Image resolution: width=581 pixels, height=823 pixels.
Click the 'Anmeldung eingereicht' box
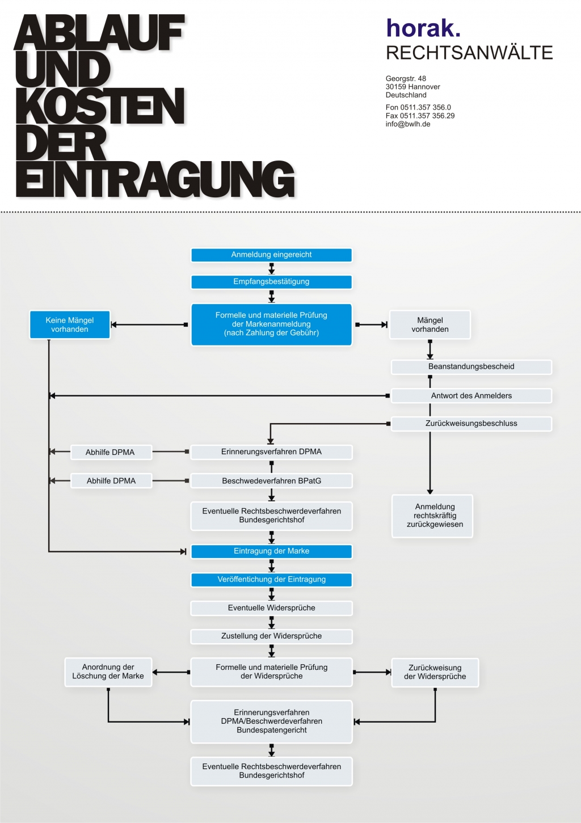click(271, 255)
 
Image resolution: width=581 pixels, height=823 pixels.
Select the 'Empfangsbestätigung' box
click(271, 282)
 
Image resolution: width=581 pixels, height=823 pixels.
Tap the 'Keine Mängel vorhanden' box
click(70, 325)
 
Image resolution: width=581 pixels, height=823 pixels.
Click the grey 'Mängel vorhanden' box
click(430, 325)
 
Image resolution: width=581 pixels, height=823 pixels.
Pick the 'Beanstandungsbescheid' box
click(471, 367)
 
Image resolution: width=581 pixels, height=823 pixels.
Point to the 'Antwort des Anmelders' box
click(471, 396)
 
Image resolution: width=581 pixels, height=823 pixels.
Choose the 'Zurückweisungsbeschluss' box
click(471, 424)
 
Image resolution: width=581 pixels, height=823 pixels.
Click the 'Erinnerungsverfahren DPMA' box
click(271, 452)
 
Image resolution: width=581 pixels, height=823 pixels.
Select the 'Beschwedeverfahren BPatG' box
click(271, 481)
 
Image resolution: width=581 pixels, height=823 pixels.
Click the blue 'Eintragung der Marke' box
click(271, 551)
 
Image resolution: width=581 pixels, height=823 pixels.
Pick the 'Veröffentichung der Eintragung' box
click(271, 580)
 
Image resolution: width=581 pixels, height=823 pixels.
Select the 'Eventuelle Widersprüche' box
click(271, 608)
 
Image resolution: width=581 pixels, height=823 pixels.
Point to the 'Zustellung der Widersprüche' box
click(271, 636)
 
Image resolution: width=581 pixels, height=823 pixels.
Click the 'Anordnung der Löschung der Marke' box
click(108, 672)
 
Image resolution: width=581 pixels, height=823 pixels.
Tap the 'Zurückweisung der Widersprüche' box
click(435, 673)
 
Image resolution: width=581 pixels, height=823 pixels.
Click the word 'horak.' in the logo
click(423, 28)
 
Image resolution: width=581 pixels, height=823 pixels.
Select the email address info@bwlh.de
click(408, 124)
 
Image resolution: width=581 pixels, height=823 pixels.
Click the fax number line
click(420, 116)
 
